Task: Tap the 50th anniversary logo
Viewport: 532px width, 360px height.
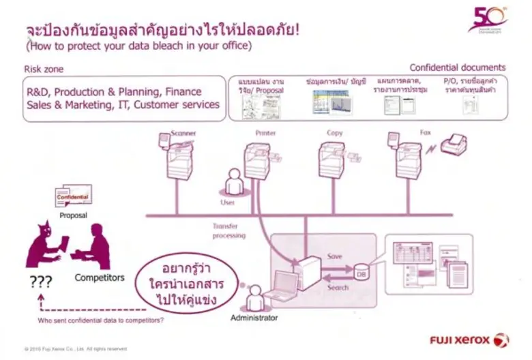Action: click(x=487, y=18)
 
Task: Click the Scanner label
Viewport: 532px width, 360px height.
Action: click(x=183, y=133)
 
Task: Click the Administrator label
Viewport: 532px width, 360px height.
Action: click(x=254, y=318)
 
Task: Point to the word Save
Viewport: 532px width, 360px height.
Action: click(x=335, y=256)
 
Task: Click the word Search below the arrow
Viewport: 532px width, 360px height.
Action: click(x=337, y=288)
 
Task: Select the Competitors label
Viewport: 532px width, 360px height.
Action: click(x=100, y=277)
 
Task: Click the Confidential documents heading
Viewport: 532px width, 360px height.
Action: click(x=457, y=67)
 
